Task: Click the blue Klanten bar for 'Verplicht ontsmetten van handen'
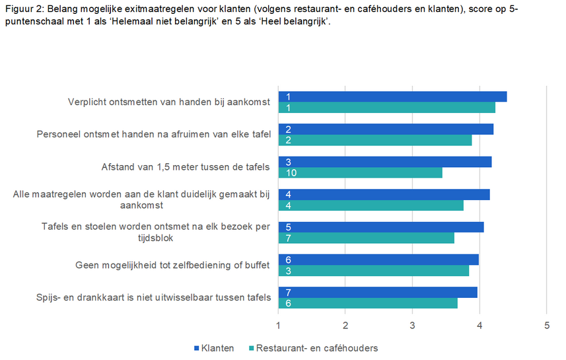(x=392, y=96)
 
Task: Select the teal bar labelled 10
(x=360, y=173)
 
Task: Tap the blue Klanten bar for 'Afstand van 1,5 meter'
(x=385, y=162)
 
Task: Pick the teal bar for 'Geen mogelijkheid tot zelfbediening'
(x=373, y=270)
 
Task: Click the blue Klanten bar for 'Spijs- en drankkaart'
(x=378, y=292)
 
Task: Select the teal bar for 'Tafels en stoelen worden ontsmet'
(x=366, y=238)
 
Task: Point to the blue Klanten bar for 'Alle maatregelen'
(x=384, y=194)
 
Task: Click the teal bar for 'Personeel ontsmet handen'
(x=375, y=140)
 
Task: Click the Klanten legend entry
(x=213, y=348)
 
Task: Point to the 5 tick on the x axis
(x=546, y=325)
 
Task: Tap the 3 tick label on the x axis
(x=412, y=325)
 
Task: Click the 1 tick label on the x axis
(x=278, y=325)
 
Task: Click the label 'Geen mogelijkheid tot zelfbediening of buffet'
(x=173, y=265)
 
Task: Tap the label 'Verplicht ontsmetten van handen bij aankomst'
(x=169, y=102)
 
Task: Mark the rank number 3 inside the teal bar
(x=289, y=271)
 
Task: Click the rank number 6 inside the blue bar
(x=289, y=260)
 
